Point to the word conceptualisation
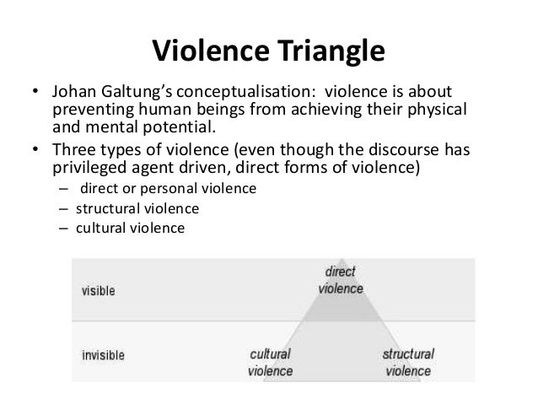click(x=245, y=91)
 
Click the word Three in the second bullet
click(x=73, y=148)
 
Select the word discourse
click(x=399, y=148)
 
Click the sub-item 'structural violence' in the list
click(x=126, y=207)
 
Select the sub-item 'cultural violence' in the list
click(x=122, y=227)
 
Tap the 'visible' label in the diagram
click(x=98, y=291)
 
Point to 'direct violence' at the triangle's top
click(x=341, y=280)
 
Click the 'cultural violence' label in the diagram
click(x=271, y=362)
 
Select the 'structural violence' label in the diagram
click(x=408, y=362)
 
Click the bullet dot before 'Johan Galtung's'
click(x=34, y=92)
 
